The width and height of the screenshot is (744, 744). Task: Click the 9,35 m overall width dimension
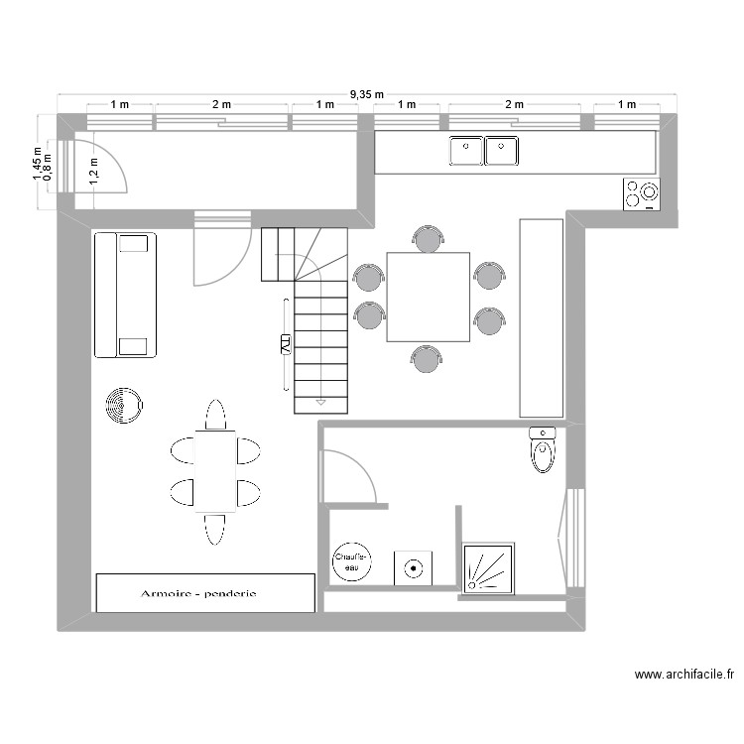pyautogui.click(x=367, y=94)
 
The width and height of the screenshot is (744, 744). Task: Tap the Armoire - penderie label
pyautogui.click(x=198, y=593)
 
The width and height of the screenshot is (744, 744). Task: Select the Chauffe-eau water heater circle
pyautogui.click(x=351, y=562)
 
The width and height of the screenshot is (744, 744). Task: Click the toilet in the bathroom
pyautogui.click(x=543, y=449)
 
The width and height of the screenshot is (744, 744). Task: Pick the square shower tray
pyautogui.click(x=489, y=568)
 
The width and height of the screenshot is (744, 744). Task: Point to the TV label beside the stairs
pyautogui.click(x=285, y=344)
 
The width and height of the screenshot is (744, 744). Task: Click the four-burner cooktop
pyautogui.click(x=641, y=194)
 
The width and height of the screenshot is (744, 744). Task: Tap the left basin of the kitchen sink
pyautogui.click(x=466, y=151)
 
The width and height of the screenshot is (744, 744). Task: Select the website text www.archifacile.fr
pyautogui.click(x=684, y=675)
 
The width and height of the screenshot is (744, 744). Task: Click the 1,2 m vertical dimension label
pyautogui.click(x=94, y=171)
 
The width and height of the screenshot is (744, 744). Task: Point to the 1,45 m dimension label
pyautogui.click(x=37, y=164)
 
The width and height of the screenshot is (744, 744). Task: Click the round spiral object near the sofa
pyautogui.click(x=124, y=406)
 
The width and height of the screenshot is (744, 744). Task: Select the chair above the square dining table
pyautogui.click(x=428, y=239)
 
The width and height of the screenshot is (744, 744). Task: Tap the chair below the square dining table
pyautogui.click(x=427, y=359)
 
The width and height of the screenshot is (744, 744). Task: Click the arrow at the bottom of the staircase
pyautogui.click(x=320, y=403)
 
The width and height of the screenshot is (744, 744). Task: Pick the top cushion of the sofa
pyautogui.click(x=133, y=243)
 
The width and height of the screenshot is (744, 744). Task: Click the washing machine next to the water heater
pyautogui.click(x=413, y=568)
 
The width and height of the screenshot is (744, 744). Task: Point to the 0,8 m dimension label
pyautogui.click(x=48, y=167)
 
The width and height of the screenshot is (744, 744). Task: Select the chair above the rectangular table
pyautogui.click(x=215, y=415)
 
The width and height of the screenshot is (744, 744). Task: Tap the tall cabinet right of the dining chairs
pyautogui.click(x=542, y=317)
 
